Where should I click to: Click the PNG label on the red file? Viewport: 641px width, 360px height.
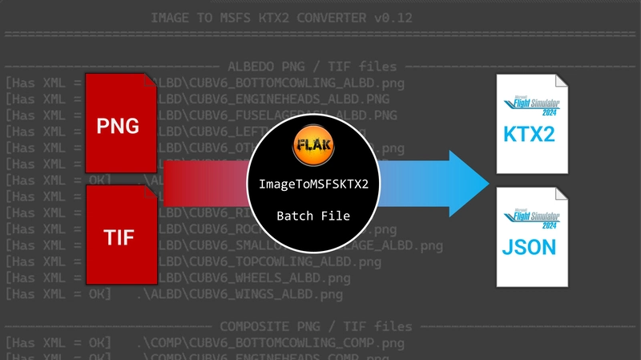[x=118, y=125]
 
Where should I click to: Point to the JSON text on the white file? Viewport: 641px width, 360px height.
[x=528, y=246]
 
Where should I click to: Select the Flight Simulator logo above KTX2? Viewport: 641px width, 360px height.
[x=529, y=105]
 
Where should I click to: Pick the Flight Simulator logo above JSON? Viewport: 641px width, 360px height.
[x=529, y=216]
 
